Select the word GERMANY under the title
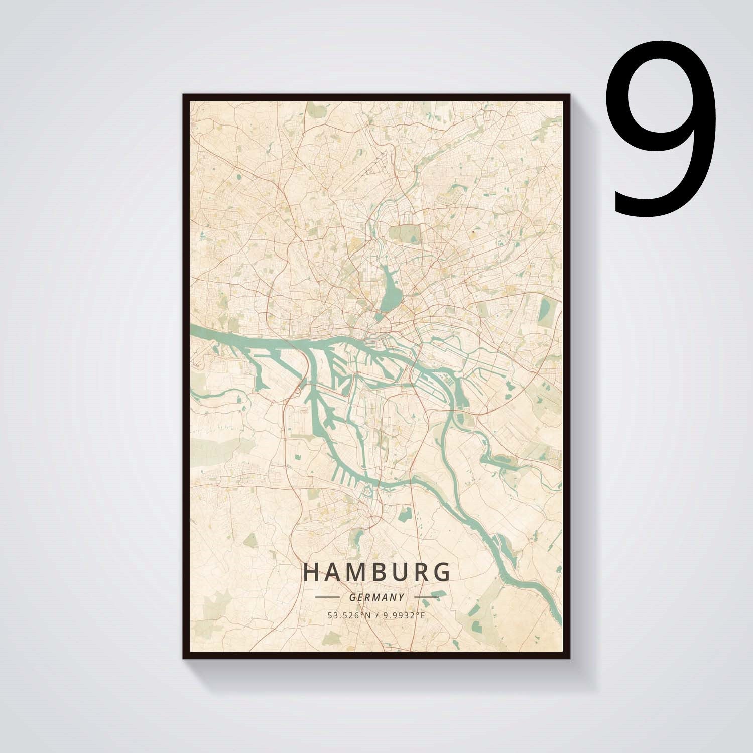[x=376, y=598]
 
